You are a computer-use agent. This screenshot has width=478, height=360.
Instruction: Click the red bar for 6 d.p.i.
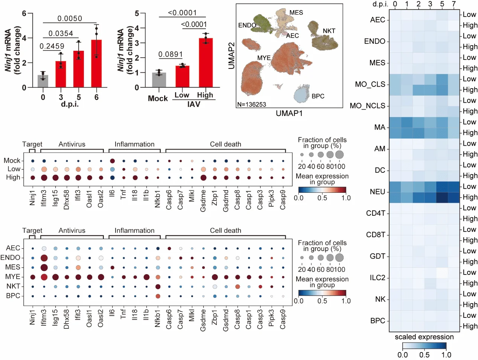coord(96,64)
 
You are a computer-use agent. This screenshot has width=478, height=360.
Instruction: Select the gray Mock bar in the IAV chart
coord(159,80)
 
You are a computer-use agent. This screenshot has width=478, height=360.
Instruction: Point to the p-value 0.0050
coord(70,18)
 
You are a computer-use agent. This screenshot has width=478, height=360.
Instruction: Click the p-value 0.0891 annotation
coord(170,54)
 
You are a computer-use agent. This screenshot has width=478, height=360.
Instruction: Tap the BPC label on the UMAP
coord(318,96)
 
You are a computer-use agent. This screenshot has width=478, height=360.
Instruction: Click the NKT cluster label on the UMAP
coord(329,31)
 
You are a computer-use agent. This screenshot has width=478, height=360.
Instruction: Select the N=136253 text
coord(252,104)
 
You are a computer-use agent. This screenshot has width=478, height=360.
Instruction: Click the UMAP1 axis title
coord(289,113)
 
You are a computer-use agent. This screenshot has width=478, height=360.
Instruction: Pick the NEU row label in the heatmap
coord(378,192)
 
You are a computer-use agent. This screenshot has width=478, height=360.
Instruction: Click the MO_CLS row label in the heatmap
coord(370,84)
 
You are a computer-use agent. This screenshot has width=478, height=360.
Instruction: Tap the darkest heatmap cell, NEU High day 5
coord(442,197)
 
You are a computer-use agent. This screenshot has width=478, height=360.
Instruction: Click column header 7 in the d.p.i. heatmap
coord(454,4)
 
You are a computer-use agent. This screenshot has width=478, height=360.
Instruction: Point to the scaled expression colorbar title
coord(424,337)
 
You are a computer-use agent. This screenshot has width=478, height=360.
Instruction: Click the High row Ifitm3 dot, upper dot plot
coord(44,178)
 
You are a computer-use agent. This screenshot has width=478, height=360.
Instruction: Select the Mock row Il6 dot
coord(112,161)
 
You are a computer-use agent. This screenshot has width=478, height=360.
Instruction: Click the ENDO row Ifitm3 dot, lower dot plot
coord(44,258)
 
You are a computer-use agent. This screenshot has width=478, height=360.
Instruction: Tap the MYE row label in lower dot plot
coord(13,277)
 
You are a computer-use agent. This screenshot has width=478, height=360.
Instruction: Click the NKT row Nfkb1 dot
coord(158,287)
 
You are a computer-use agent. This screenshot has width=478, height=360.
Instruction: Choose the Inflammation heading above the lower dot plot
coord(134,230)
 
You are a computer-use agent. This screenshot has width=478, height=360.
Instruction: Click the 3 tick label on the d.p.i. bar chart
coord(61,97)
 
